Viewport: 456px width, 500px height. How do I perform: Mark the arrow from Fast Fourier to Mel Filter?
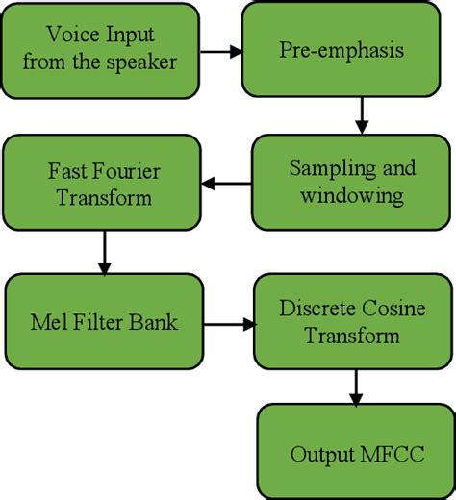coord(104,255)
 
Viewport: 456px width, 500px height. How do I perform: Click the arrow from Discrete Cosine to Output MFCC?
coord(357,387)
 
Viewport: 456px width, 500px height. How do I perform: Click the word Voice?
coord(75,35)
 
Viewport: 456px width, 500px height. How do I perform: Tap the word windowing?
coord(352,195)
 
